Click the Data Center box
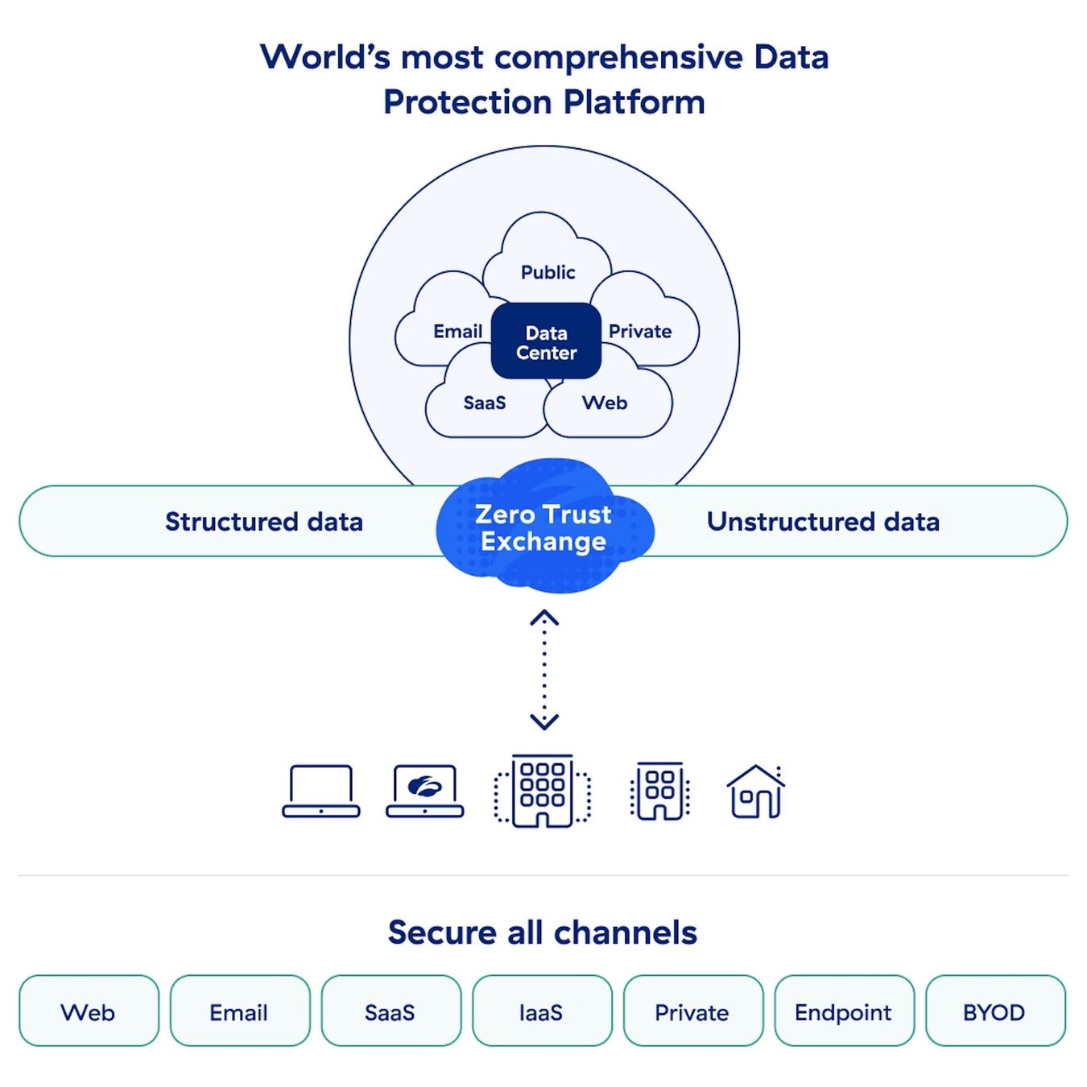(545, 341)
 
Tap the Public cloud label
(548, 272)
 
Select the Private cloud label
(639, 331)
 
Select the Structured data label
(263, 522)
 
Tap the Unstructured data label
(823, 522)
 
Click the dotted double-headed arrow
(544, 670)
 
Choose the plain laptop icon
(321, 791)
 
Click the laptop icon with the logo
(425, 791)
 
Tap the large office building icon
(543, 791)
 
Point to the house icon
(756, 791)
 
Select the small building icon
(660, 791)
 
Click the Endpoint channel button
(844, 1013)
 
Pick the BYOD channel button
(995, 1013)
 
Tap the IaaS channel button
(542, 1013)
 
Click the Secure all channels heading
(543, 932)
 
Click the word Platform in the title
(634, 102)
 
